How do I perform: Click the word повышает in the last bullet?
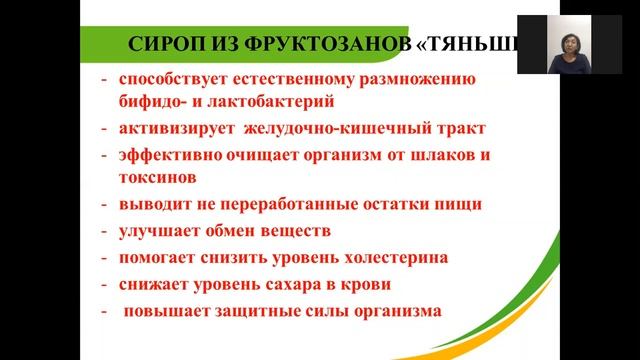tap(171, 310)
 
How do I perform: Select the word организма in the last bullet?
tap(392, 310)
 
